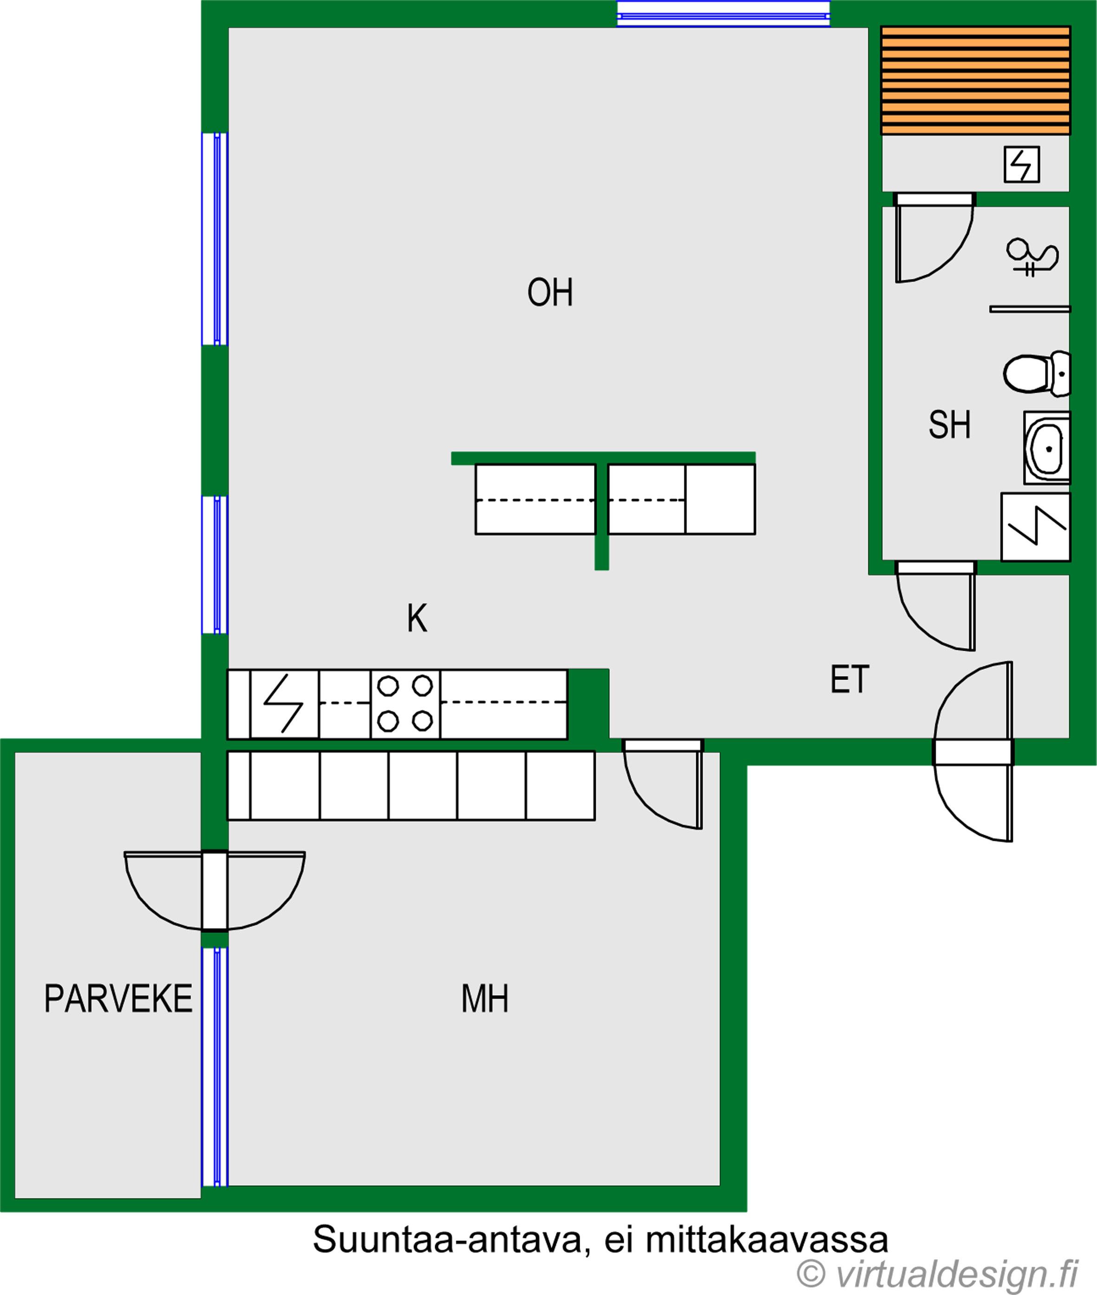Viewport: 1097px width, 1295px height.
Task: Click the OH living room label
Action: (550, 292)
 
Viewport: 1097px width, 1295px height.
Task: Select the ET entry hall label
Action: (849, 680)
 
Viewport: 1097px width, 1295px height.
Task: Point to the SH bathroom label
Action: (950, 425)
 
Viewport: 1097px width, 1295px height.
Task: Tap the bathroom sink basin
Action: (1047, 448)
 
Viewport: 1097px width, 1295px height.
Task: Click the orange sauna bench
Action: (975, 80)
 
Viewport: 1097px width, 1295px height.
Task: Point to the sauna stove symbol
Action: (1022, 164)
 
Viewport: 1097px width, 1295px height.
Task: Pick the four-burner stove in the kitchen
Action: (405, 704)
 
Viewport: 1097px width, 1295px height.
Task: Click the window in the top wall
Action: (723, 13)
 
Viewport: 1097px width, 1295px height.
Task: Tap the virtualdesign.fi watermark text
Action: (937, 1274)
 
